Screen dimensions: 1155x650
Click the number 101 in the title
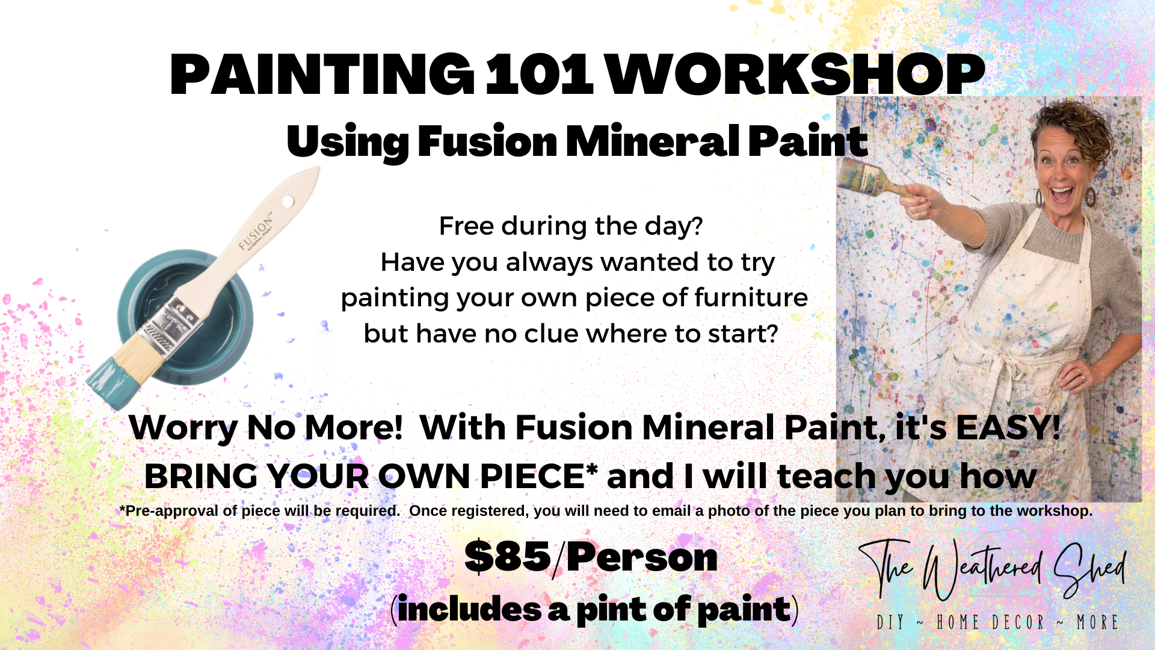tap(540, 75)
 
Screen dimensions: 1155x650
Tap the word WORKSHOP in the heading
tap(795, 75)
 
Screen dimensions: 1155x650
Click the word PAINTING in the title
tap(322, 75)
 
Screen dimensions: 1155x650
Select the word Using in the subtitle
tap(347, 143)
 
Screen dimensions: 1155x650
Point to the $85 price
tap(508, 556)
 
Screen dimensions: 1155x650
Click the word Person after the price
tap(642, 557)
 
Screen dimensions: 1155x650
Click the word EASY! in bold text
tap(1008, 427)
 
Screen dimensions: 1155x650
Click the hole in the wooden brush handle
tap(289, 200)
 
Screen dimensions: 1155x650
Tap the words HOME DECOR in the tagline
tap(991, 622)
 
